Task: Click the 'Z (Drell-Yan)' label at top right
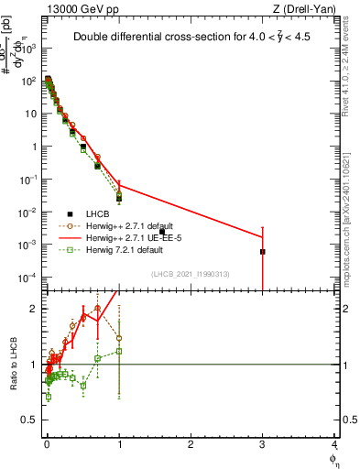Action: (302, 8)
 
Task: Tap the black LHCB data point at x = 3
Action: (263, 251)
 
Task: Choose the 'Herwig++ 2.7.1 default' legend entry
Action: (130, 225)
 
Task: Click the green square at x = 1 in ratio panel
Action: (119, 351)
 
